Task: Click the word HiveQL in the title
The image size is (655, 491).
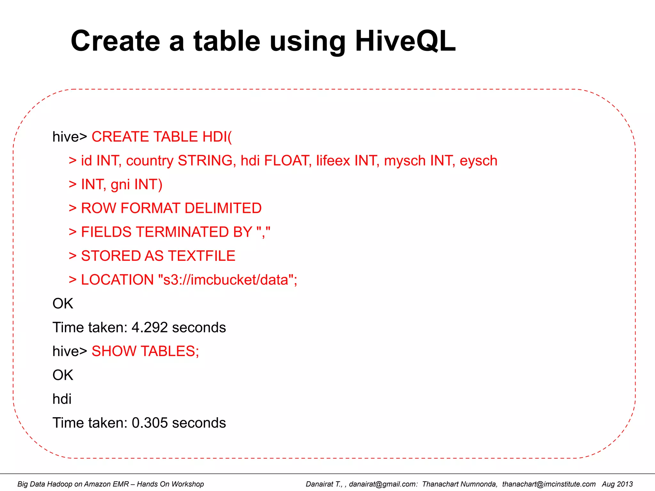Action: point(405,41)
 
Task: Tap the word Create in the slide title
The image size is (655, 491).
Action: point(115,41)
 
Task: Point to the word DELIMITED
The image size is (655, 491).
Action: point(223,208)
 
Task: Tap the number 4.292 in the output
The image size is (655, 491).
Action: point(150,327)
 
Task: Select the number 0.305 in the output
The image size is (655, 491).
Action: point(150,423)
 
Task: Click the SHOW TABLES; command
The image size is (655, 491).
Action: point(145,351)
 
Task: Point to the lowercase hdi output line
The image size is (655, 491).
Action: point(62,399)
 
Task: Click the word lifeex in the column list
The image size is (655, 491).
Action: point(333,160)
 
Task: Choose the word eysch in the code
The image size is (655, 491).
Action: point(478,160)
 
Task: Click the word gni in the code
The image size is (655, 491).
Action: point(120,184)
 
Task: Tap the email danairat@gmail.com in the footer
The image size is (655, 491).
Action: point(383,484)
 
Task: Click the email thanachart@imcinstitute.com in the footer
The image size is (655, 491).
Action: point(548,484)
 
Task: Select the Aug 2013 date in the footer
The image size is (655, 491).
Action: point(617,484)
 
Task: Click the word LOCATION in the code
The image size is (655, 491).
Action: point(117,280)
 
